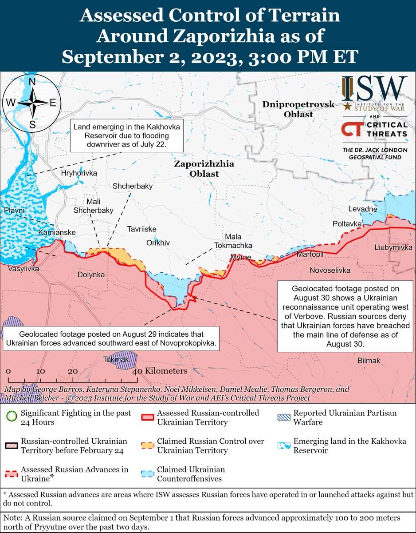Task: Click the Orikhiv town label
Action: [158, 243]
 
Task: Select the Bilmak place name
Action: [369, 361]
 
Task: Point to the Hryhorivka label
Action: [79, 173]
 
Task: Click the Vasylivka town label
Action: [23, 269]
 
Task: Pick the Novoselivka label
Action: [330, 270]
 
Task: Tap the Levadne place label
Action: [362, 209]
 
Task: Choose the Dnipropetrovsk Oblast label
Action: [292, 109]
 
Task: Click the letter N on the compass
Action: [32, 82]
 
